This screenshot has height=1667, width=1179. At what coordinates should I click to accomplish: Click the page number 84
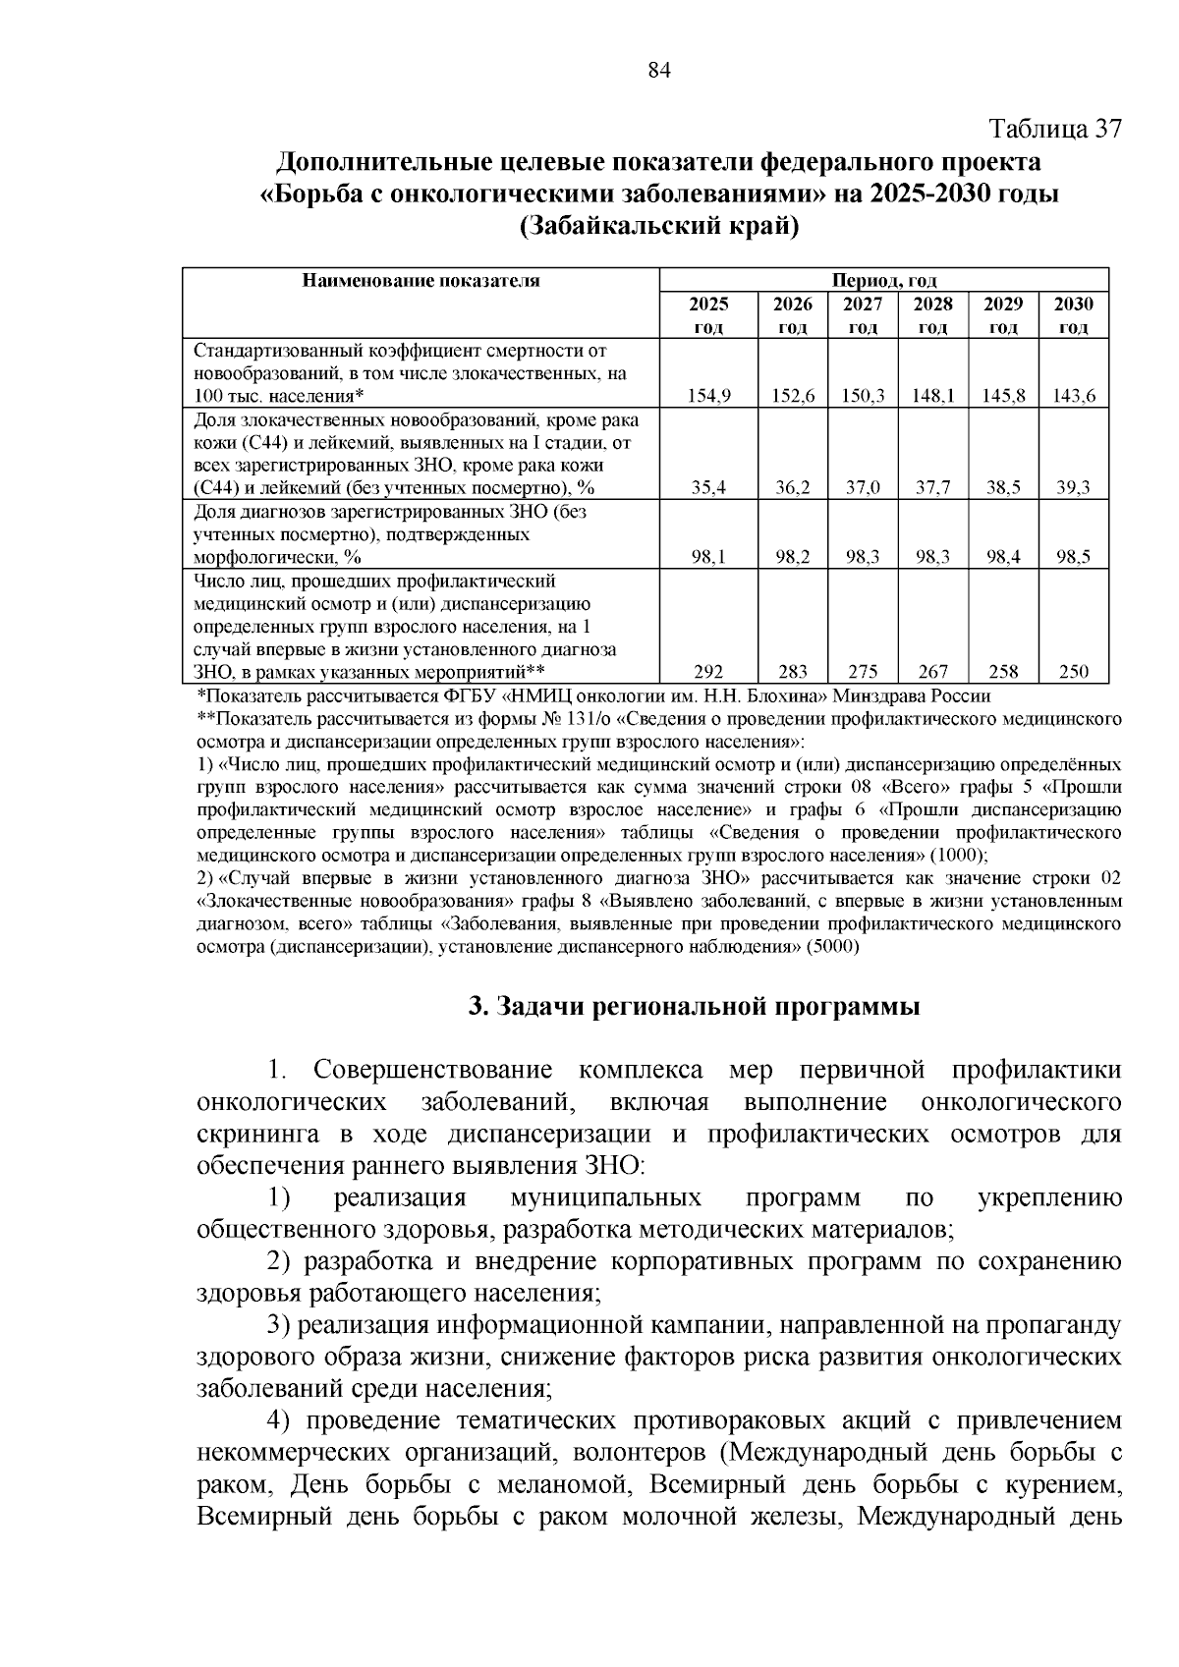pos(659,71)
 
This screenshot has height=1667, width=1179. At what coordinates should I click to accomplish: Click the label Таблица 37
pos(1053,129)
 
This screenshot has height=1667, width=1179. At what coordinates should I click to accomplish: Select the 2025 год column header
pos(708,314)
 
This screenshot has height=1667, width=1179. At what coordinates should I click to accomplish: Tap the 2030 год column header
pos(1074,314)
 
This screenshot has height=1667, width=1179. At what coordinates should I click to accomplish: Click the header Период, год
pos(884,280)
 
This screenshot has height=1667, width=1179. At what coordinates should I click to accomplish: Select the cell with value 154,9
pos(708,396)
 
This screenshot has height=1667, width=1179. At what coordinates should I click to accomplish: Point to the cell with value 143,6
pos(1074,396)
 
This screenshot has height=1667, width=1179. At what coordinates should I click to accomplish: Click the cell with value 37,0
pos(863,487)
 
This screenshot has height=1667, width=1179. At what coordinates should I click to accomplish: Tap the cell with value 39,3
pos(1074,487)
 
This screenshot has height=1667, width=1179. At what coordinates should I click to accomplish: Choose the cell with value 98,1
pos(708,557)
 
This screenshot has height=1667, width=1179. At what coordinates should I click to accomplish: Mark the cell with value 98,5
pos(1074,557)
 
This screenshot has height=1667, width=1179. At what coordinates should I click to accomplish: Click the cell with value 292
pos(708,672)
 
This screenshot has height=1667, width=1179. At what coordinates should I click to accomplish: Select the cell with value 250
pos(1074,672)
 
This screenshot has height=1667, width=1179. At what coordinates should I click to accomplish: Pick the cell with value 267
pos(932,672)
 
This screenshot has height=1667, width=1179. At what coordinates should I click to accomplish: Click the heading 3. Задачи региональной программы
pos(694,1007)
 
